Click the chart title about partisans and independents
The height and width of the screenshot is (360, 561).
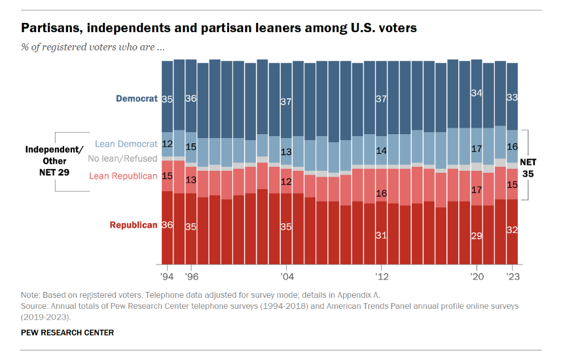click(x=219, y=28)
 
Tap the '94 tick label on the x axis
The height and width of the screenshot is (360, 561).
click(x=167, y=276)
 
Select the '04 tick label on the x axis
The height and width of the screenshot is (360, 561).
click(x=285, y=276)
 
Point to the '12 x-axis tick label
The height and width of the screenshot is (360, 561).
click(x=381, y=276)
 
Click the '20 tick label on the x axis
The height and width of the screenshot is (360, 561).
click(x=477, y=276)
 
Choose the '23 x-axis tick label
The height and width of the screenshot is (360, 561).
click(x=513, y=276)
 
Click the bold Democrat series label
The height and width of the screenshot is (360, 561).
click(x=137, y=99)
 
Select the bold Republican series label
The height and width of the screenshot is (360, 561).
click(x=134, y=225)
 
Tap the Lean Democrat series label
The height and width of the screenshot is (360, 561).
click(x=126, y=144)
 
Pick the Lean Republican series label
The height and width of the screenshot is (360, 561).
click(x=123, y=175)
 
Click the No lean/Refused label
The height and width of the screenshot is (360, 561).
click(x=123, y=158)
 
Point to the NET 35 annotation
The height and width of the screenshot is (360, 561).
click(x=528, y=168)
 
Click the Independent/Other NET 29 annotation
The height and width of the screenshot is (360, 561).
click(x=50, y=159)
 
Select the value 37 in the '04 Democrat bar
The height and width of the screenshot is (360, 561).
click(x=286, y=101)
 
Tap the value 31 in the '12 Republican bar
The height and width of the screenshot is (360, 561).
click(x=381, y=235)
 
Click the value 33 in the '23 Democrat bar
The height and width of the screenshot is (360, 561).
click(x=513, y=97)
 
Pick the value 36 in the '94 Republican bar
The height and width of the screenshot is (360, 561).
click(x=167, y=225)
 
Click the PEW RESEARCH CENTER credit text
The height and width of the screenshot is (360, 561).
click(x=67, y=333)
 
